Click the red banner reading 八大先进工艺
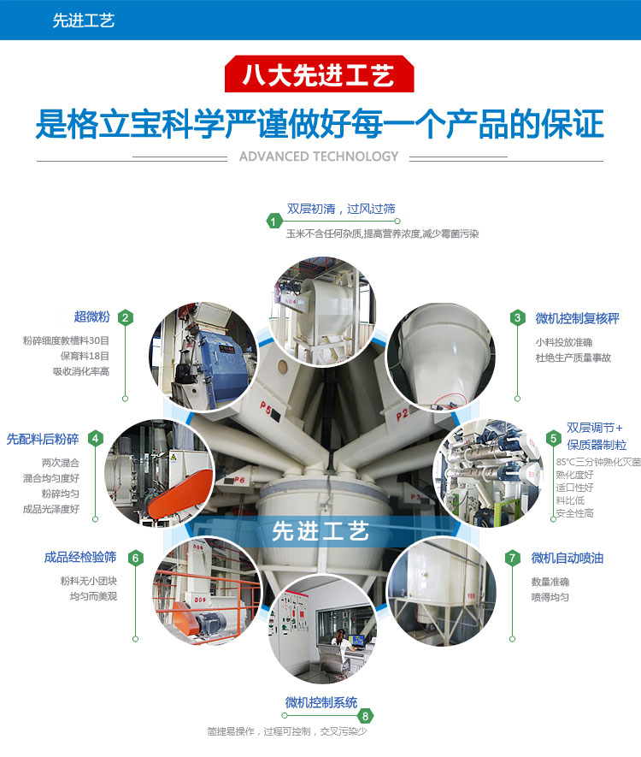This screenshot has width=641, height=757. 320,74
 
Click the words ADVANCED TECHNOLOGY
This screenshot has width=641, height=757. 319,157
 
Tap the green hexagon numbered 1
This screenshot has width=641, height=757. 274,222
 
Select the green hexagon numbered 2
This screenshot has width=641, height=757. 126,317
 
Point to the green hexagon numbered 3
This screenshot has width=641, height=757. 518,317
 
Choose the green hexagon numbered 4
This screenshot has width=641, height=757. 95,438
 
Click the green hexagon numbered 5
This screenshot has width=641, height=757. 553,438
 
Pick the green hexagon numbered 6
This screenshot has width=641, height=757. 136,558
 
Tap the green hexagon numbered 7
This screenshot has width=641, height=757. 512,558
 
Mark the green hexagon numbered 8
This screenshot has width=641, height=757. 365,716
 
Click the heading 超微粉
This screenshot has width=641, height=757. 92,316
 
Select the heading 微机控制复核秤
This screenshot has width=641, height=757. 578,318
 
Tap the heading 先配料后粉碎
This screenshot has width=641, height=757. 43,439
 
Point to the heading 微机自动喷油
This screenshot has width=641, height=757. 567,558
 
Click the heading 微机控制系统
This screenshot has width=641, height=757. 321,702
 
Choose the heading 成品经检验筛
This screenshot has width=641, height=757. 80,557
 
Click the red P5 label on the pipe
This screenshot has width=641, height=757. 266,406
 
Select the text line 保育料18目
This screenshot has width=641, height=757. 85,356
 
